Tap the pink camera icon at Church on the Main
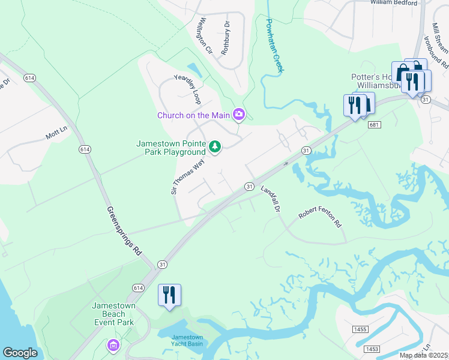tap(240, 114)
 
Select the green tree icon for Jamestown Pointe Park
tap(214, 146)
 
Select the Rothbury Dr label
tap(226, 39)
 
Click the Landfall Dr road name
tap(271, 199)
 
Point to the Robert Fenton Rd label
tap(320, 220)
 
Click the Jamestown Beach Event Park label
tap(113, 314)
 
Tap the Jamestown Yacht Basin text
tap(187, 341)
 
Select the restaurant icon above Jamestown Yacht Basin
tap(169, 295)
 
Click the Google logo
tap(20, 353)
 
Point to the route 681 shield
tap(375, 124)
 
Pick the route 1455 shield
tap(360, 329)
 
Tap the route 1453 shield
tap(372, 349)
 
